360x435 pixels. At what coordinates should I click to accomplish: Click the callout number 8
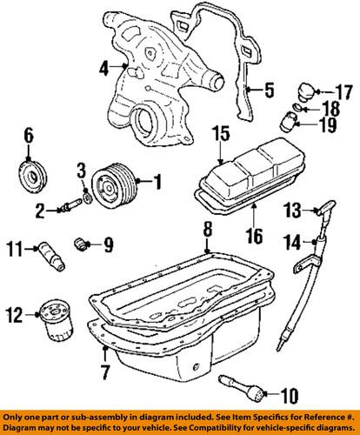pos(207,230)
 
